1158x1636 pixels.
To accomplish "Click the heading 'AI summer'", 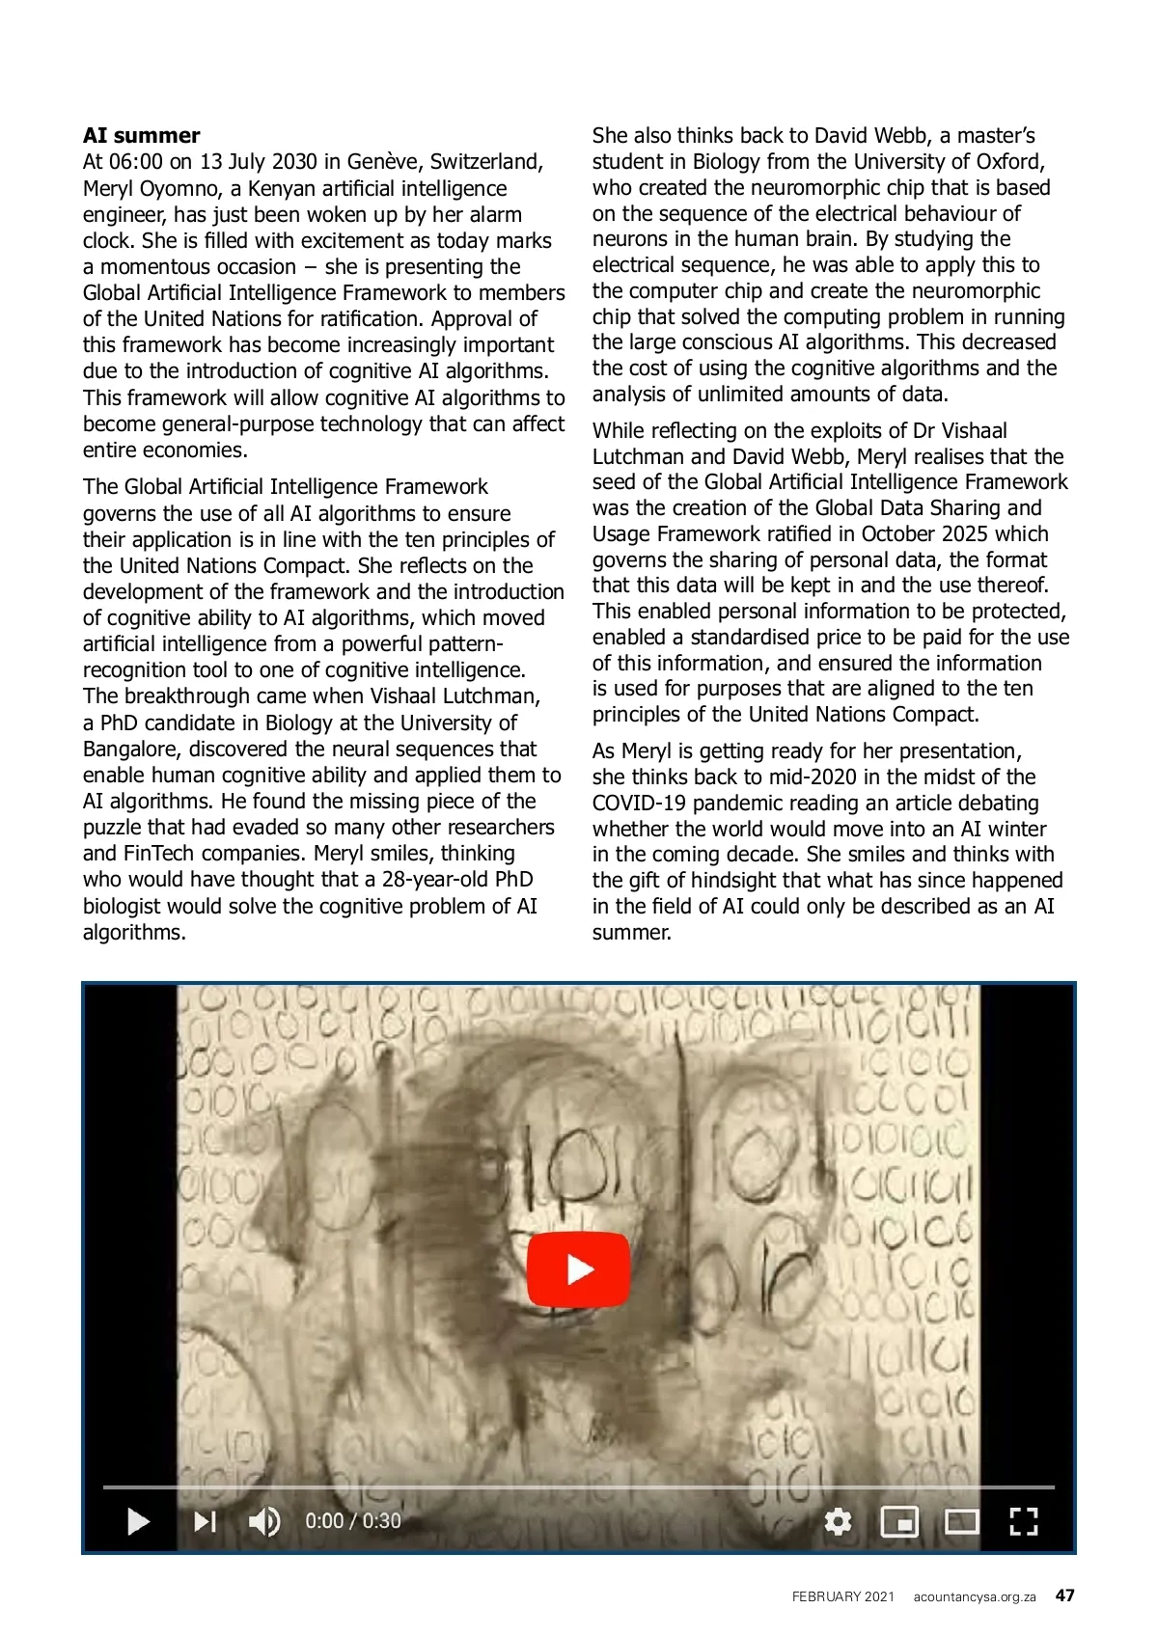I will pyautogui.click(x=142, y=135).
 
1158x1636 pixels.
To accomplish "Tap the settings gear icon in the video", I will pyautogui.click(x=838, y=1521).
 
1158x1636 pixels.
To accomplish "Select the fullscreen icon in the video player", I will pyautogui.click(x=1023, y=1521).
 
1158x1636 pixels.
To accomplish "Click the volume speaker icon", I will pyautogui.click(x=263, y=1521).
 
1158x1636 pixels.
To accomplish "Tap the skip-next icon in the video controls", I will pyautogui.click(x=205, y=1521).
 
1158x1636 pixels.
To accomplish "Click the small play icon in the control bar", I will pyautogui.click(x=139, y=1521).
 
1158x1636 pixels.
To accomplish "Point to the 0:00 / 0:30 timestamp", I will pyautogui.click(x=353, y=1521).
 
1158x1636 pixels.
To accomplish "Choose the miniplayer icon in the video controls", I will pyautogui.click(x=899, y=1521).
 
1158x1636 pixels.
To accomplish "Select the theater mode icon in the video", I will pyautogui.click(x=961, y=1521).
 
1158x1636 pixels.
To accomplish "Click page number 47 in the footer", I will pyautogui.click(x=1064, y=1595).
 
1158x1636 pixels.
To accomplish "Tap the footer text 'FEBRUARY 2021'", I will pyautogui.click(x=843, y=1596).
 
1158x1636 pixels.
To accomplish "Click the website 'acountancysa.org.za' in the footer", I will pyautogui.click(x=975, y=1596).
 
